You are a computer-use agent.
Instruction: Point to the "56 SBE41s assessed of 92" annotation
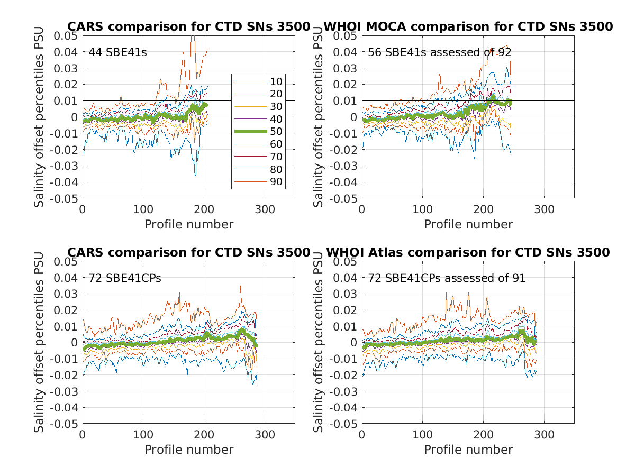(x=439, y=52)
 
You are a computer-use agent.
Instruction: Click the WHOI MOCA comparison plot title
(x=468, y=26)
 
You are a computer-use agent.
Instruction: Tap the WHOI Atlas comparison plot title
(x=468, y=252)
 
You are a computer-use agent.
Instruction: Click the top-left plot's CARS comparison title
(x=188, y=26)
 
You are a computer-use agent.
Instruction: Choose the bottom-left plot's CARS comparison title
(x=188, y=252)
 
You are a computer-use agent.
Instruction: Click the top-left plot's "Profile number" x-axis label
(x=189, y=224)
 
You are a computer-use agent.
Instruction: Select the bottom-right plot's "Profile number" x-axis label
(x=468, y=450)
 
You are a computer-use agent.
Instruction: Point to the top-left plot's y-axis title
(x=39, y=116)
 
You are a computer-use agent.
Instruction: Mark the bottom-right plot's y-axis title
(x=319, y=342)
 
